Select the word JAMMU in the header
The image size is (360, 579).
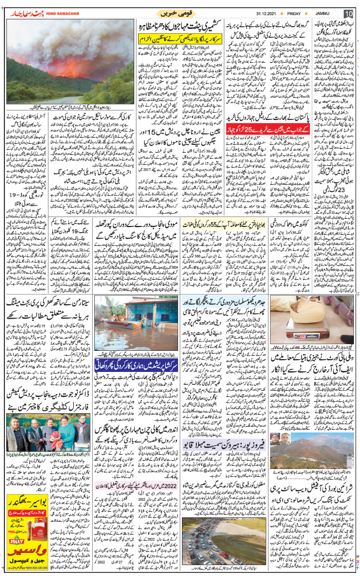click(x=322, y=12)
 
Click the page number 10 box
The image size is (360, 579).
click(x=348, y=13)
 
